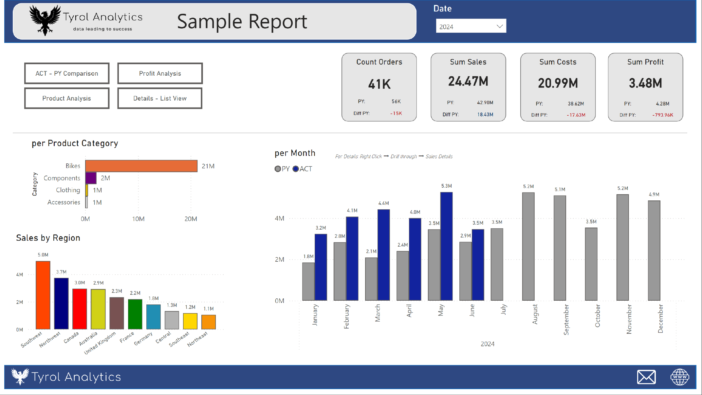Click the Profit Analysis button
tap(160, 73)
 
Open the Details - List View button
tap(160, 98)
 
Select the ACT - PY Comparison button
tap(67, 73)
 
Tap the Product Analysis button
tap(67, 98)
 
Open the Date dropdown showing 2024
tap(471, 26)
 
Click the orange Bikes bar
tap(141, 166)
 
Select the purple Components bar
tap(91, 178)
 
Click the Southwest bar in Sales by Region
tap(43, 295)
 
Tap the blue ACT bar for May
tap(446, 246)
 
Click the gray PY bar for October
tap(591, 264)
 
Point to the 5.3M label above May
tap(446, 186)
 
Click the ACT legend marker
tap(296, 169)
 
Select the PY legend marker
tap(278, 169)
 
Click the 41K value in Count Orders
tap(379, 84)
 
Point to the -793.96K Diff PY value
tap(662, 115)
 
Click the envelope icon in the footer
tap(646, 377)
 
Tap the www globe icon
tap(679, 377)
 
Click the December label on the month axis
tap(660, 318)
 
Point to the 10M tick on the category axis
tap(138, 219)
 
